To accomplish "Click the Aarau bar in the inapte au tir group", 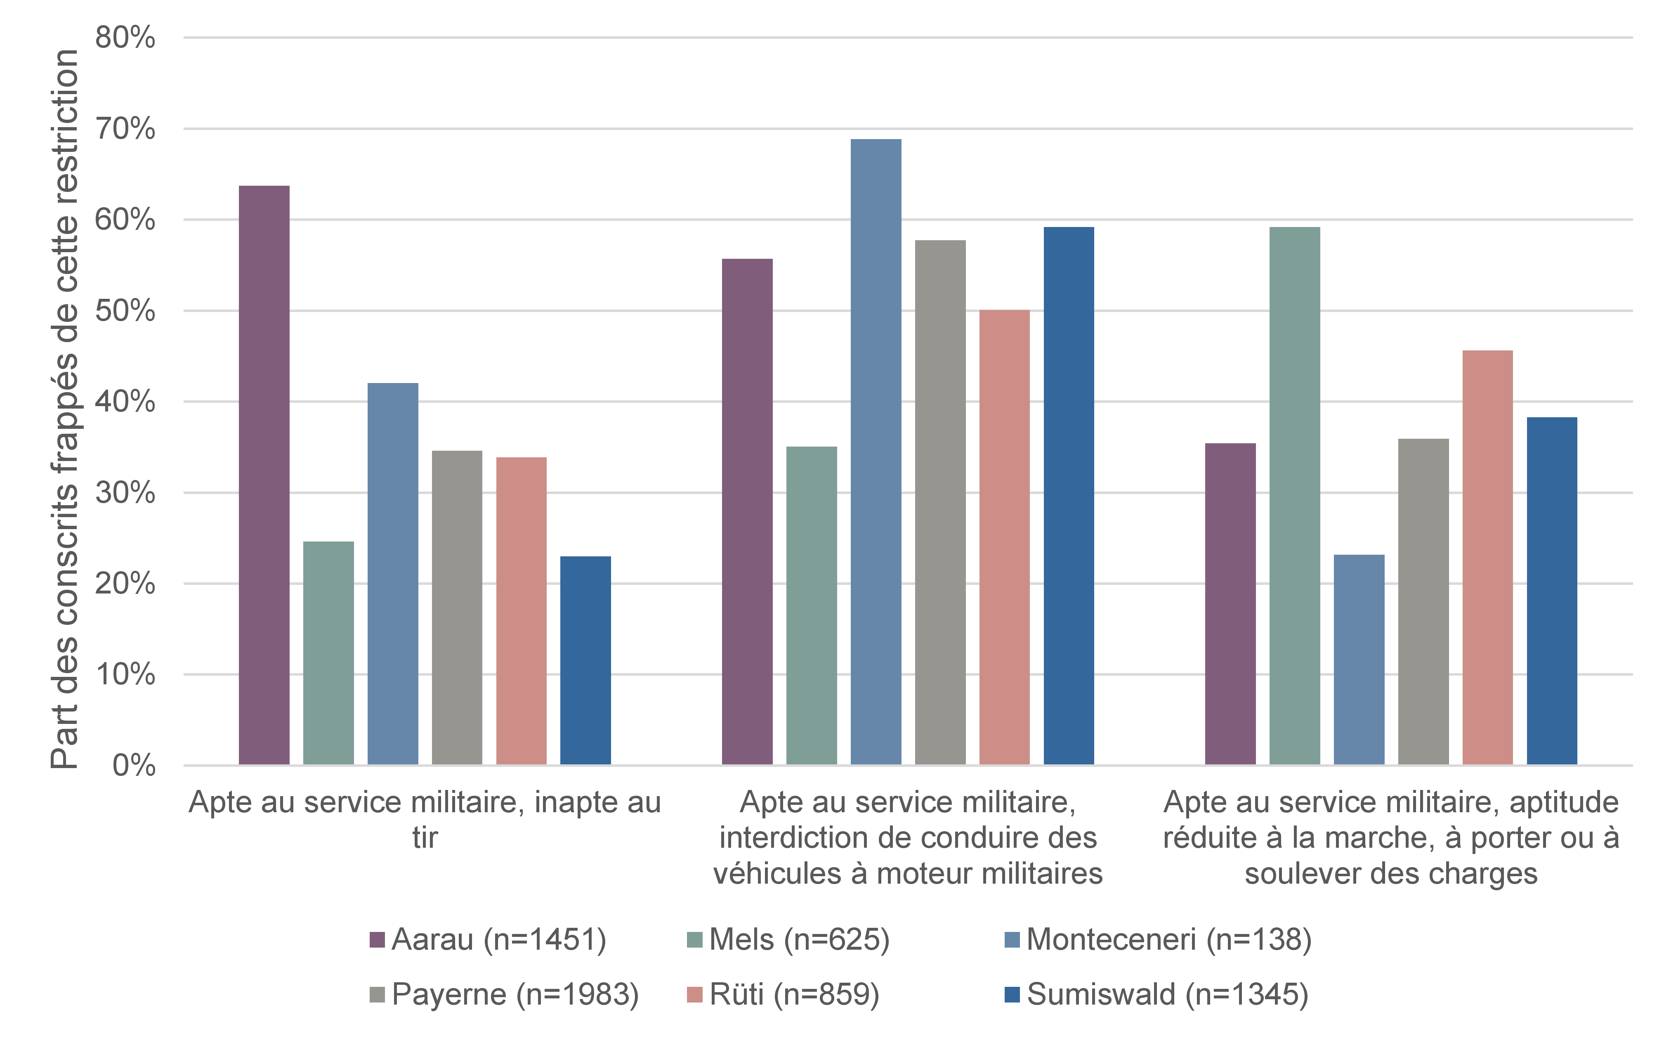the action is point(264,475).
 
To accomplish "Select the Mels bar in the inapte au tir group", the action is point(329,653).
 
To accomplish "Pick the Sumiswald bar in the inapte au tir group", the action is point(585,660).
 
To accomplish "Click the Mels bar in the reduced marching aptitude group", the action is point(1295,496).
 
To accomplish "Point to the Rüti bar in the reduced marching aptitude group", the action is point(1488,558).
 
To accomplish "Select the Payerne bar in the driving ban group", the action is point(940,503).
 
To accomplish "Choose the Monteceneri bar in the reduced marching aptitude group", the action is point(1359,660).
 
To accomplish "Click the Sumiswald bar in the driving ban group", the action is point(1069,496).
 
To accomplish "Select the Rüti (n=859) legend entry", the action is point(783,994).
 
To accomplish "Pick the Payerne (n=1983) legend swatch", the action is point(377,995).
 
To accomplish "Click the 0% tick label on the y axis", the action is point(134,766).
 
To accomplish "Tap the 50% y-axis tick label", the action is point(125,311).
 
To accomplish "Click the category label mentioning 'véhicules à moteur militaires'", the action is point(908,837).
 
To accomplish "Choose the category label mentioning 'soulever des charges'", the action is point(1391,837).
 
